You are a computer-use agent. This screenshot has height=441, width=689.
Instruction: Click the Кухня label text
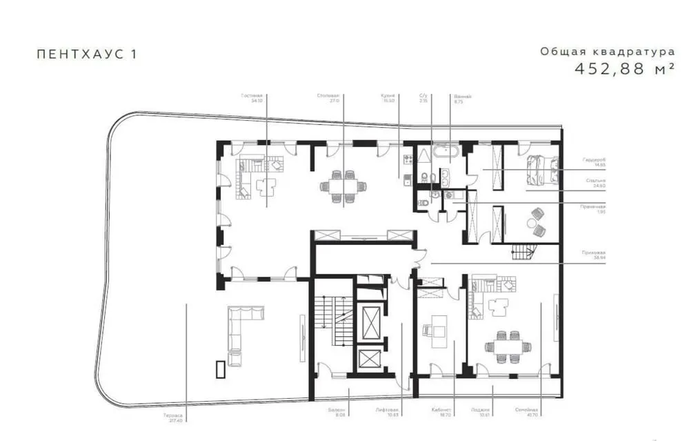click(x=388, y=97)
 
